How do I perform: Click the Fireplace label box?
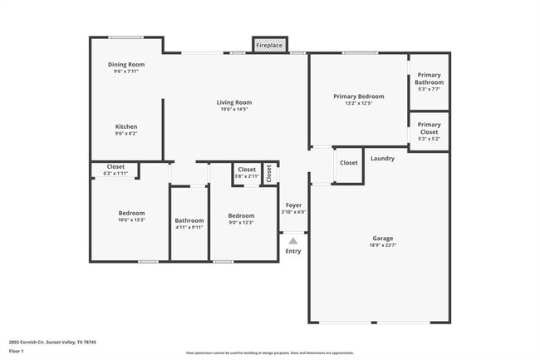[x=269, y=45]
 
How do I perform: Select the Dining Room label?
[x=126, y=65]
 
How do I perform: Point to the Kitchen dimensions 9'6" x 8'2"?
[x=126, y=133]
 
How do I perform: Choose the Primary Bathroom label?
[x=430, y=78]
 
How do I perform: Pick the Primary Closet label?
[x=430, y=128]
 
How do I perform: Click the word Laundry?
[x=382, y=159]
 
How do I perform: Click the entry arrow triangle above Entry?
[x=293, y=240]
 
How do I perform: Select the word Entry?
[x=293, y=251]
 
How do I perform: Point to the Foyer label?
[x=294, y=205]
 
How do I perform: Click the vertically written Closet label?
[x=269, y=173]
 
